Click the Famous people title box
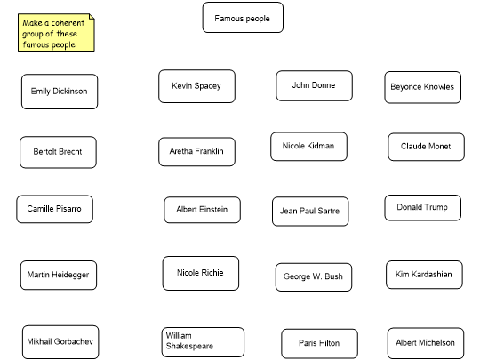[243, 18]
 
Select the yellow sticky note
[56, 33]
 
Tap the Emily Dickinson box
[60, 92]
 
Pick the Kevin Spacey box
[196, 86]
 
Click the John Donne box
[314, 85]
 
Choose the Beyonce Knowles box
[423, 87]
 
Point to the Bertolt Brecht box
[58, 152]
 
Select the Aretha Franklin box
[196, 152]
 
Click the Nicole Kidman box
[308, 147]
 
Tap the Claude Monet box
[426, 147]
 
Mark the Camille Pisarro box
[55, 209]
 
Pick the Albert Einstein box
[203, 210]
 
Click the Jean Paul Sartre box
[310, 212]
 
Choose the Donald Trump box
[423, 208]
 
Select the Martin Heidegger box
[59, 276]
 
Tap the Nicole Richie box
[201, 274]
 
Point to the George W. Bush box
[314, 277]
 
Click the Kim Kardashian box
[424, 275]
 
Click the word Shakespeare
[189, 347]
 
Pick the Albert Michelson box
[426, 343]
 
